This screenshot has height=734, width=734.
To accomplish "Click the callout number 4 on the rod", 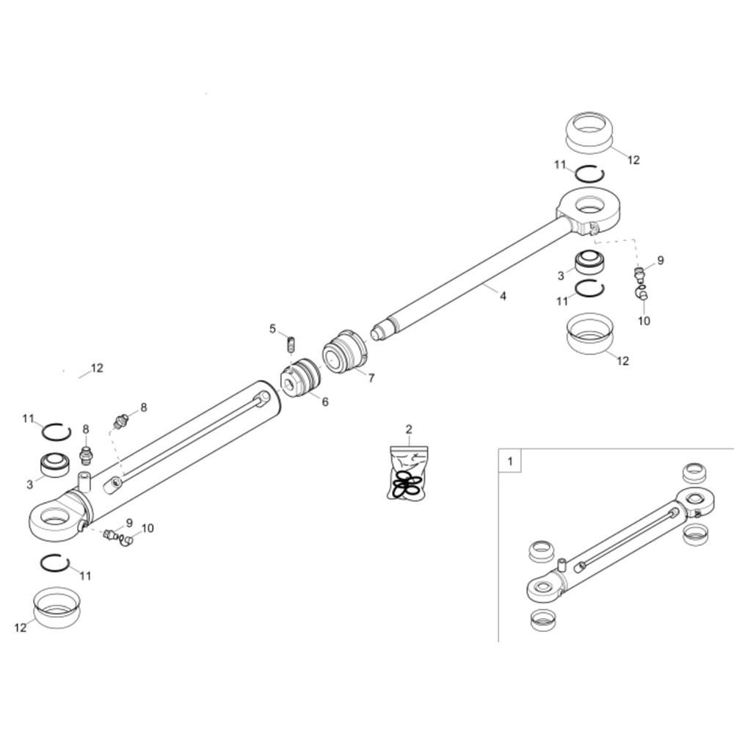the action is [503, 296].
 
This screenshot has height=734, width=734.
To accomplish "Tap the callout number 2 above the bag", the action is [409, 429].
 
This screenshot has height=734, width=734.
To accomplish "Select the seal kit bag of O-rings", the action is [406, 476].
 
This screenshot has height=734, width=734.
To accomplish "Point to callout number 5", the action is [272, 328].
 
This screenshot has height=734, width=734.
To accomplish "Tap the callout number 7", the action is [371, 378].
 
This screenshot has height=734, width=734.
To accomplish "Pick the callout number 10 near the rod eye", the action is [644, 321].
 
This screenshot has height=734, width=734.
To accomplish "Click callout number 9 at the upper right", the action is [660, 260].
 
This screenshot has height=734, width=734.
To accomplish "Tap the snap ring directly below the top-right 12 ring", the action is [589, 175].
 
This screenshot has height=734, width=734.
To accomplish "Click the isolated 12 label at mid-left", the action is [97, 368].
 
